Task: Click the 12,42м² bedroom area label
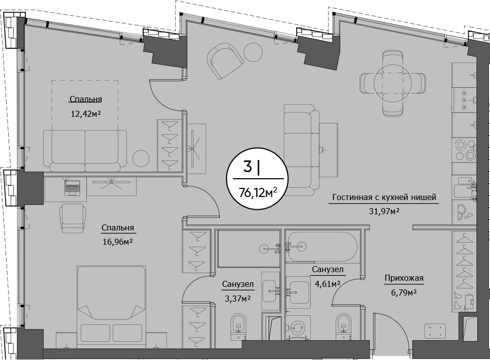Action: [x=86, y=113]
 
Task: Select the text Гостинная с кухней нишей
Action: [x=384, y=198]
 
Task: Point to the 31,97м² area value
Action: [x=384, y=211]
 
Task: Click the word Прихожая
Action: [x=404, y=278]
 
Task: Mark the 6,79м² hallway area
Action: [x=404, y=292]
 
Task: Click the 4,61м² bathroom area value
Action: [x=327, y=284]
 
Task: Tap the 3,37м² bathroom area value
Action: [x=238, y=299]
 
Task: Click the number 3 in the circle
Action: [x=247, y=167]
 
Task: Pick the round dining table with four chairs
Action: [x=393, y=82]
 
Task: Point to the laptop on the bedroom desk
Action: [x=72, y=188]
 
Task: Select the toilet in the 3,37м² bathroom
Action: [x=239, y=326]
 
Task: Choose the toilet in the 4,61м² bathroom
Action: [x=344, y=326]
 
